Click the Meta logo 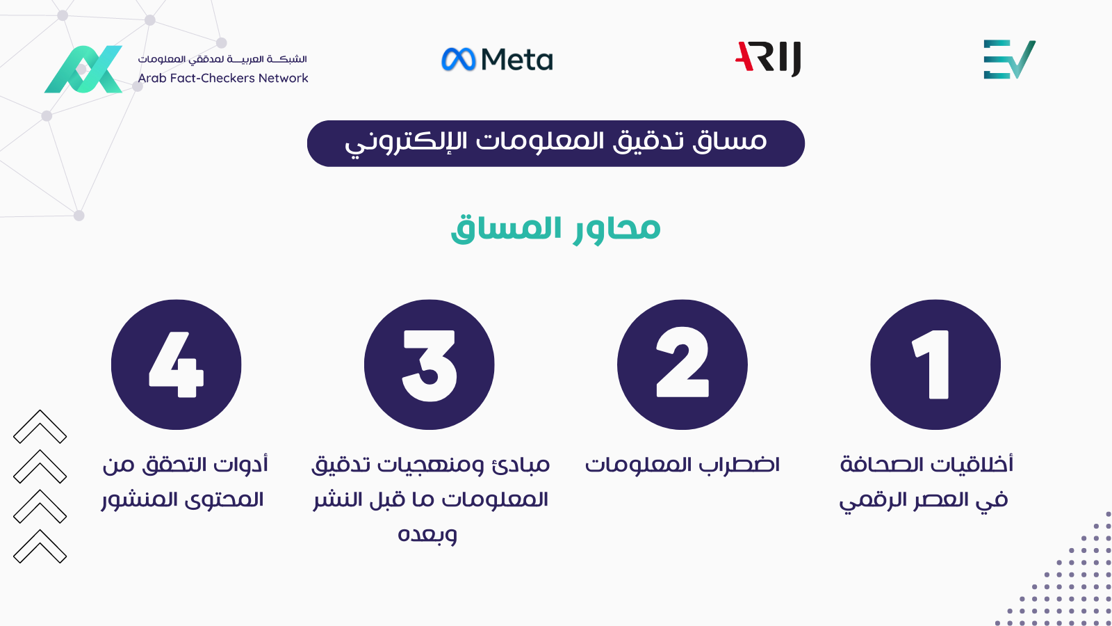pyautogui.click(x=497, y=59)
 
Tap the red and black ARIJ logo pyautogui.click(x=768, y=58)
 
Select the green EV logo pyautogui.click(x=1009, y=59)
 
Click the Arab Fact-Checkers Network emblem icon pyautogui.click(x=83, y=69)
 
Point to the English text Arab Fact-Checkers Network pyautogui.click(x=223, y=78)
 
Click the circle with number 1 pyautogui.click(x=935, y=364)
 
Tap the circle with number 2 pyautogui.click(x=682, y=364)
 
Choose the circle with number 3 pyautogui.click(x=429, y=364)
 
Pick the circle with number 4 pyautogui.click(x=177, y=364)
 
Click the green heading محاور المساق pyautogui.click(x=555, y=229)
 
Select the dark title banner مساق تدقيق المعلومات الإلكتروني pyautogui.click(x=555, y=143)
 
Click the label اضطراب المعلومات pyautogui.click(x=682, y=465)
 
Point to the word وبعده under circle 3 pyautogui.click(x=427, y=535)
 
